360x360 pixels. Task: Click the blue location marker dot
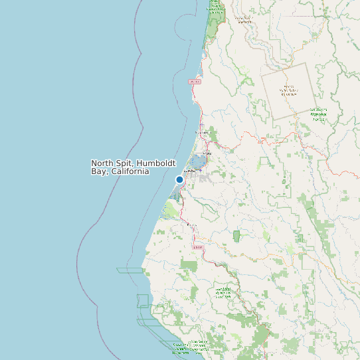[x=179, y=179]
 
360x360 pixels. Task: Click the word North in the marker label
[x=102, y=163]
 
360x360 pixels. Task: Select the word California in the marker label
[x=130, y=171]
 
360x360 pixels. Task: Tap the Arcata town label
[x=207, y=153]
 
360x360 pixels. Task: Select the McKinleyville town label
[x=202, y=133]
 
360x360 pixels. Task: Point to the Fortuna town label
[x=192, y=225]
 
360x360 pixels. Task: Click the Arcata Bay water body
[x=198, y=161]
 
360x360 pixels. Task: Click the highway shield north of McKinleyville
[x=195, y=81]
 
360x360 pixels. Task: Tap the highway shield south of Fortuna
[x=197, y=247]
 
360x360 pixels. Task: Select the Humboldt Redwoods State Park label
[x=224, y=292]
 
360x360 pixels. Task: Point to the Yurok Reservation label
[x=245, y=19]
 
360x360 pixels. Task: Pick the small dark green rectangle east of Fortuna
[x=236, y=236]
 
